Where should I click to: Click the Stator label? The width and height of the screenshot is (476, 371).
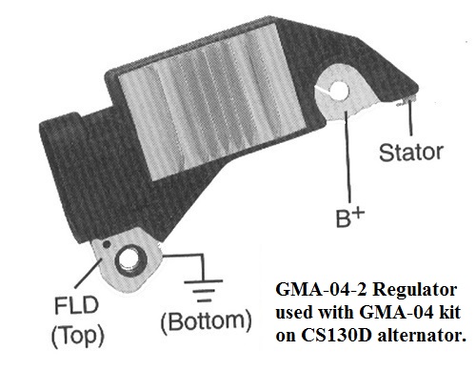point(411,153)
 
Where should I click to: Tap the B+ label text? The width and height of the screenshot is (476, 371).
point(350,217)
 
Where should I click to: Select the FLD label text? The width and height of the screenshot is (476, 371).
point(76,305)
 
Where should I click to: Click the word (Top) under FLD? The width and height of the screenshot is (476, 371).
point(78,335)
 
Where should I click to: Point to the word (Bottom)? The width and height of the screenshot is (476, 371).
point(207,321)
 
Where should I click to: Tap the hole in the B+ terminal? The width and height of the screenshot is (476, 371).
point(339,90)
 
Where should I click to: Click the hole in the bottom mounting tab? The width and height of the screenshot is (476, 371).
point(128,261)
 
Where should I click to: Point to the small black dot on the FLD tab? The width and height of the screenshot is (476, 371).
point(107,244)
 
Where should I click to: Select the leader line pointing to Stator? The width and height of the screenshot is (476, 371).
point(410,117)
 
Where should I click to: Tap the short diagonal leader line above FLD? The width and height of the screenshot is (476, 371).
point(89,275)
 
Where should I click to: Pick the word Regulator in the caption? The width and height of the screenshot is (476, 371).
point(415,290)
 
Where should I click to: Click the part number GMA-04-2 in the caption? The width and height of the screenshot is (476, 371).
point(322,289)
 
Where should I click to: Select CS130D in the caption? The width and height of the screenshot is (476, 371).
point(336,335)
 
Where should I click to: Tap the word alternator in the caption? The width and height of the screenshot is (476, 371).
point(421,336)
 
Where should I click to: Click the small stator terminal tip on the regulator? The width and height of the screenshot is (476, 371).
point(407,101)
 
